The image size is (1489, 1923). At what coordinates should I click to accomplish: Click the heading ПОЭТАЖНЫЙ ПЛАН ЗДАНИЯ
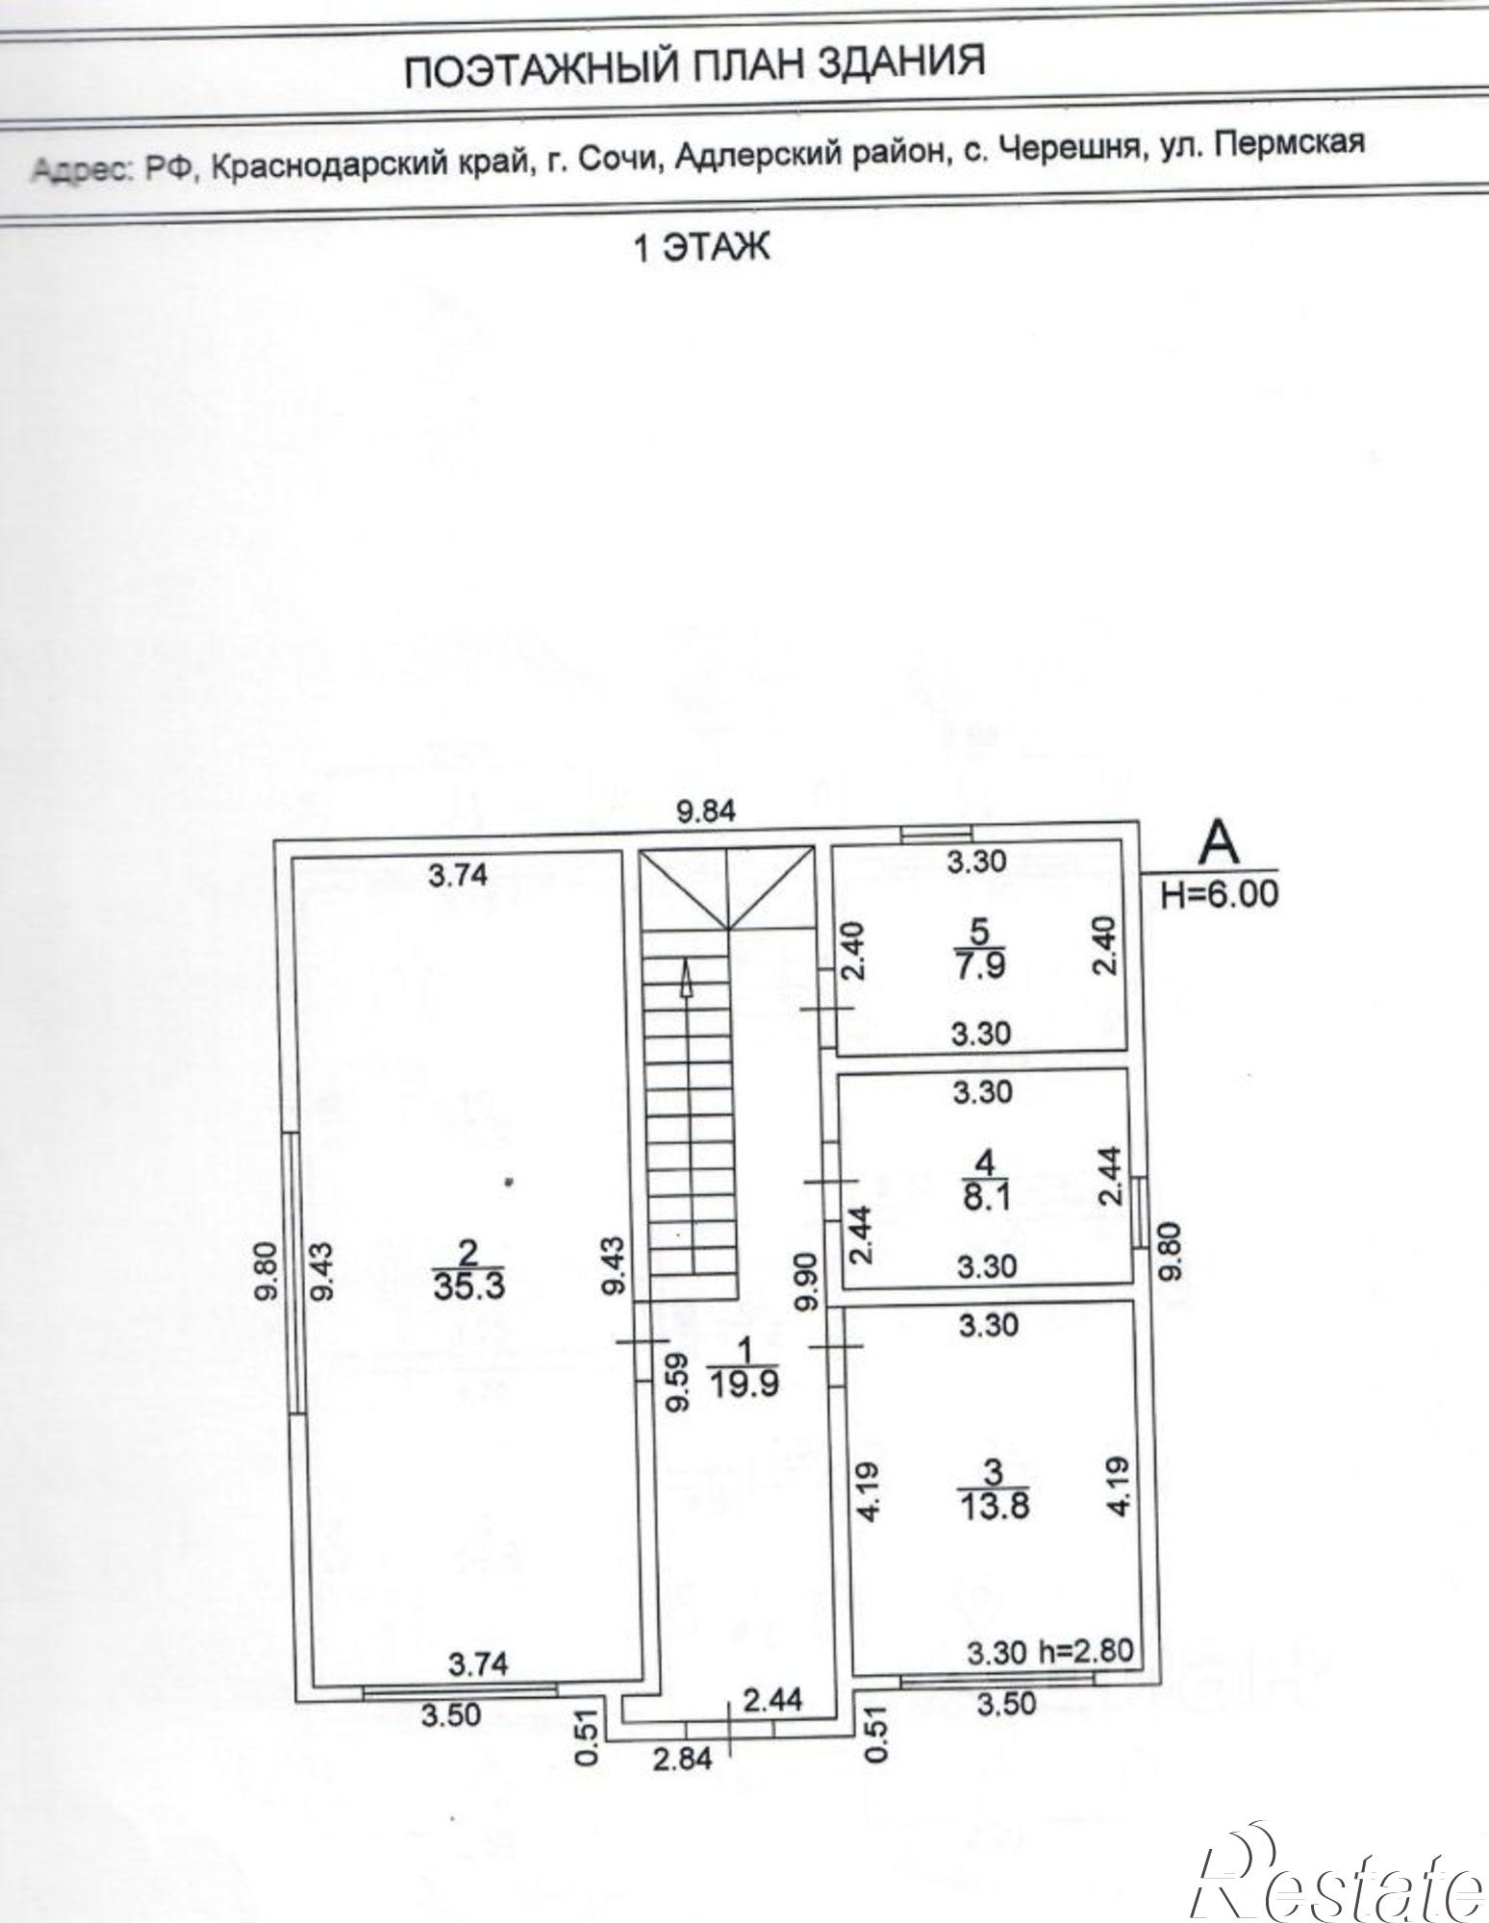694,64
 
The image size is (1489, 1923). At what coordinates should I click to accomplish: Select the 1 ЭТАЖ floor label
701,249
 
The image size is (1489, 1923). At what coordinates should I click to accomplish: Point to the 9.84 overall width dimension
706,812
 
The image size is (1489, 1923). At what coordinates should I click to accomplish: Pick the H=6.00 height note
1220,895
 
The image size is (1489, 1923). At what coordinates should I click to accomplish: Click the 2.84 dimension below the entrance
684,1759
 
